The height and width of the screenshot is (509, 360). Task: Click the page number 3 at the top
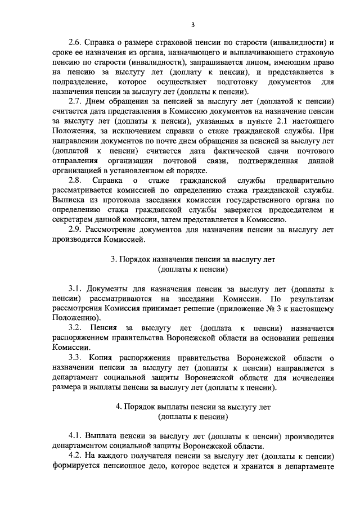pyautogui.click(x=193, y=24)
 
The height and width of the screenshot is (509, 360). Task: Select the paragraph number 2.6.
pyautogui.click(x=75, y=43)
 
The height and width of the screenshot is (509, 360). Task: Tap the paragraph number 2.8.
pyautogui.click(x=75, y=180)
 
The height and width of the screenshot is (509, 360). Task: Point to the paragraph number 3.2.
pyautogui.click(x=75, y=327)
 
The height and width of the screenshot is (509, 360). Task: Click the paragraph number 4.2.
pyautogui.click(x=75, y=456)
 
